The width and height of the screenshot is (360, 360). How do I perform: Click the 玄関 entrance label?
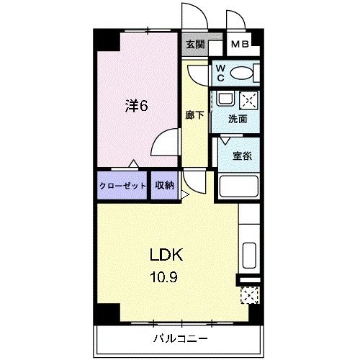click(195, 45)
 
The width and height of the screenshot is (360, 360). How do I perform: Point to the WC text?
click(221, 73)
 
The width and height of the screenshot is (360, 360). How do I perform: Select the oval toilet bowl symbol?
click(244, 73)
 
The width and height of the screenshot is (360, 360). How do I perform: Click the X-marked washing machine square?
click(248, 99)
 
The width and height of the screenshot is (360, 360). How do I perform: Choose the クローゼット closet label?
click(123, 185)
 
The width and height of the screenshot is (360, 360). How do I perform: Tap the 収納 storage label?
click(164, 185)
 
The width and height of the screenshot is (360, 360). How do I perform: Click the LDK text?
click(167, 255)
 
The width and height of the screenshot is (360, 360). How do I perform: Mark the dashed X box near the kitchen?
click(249, 295)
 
